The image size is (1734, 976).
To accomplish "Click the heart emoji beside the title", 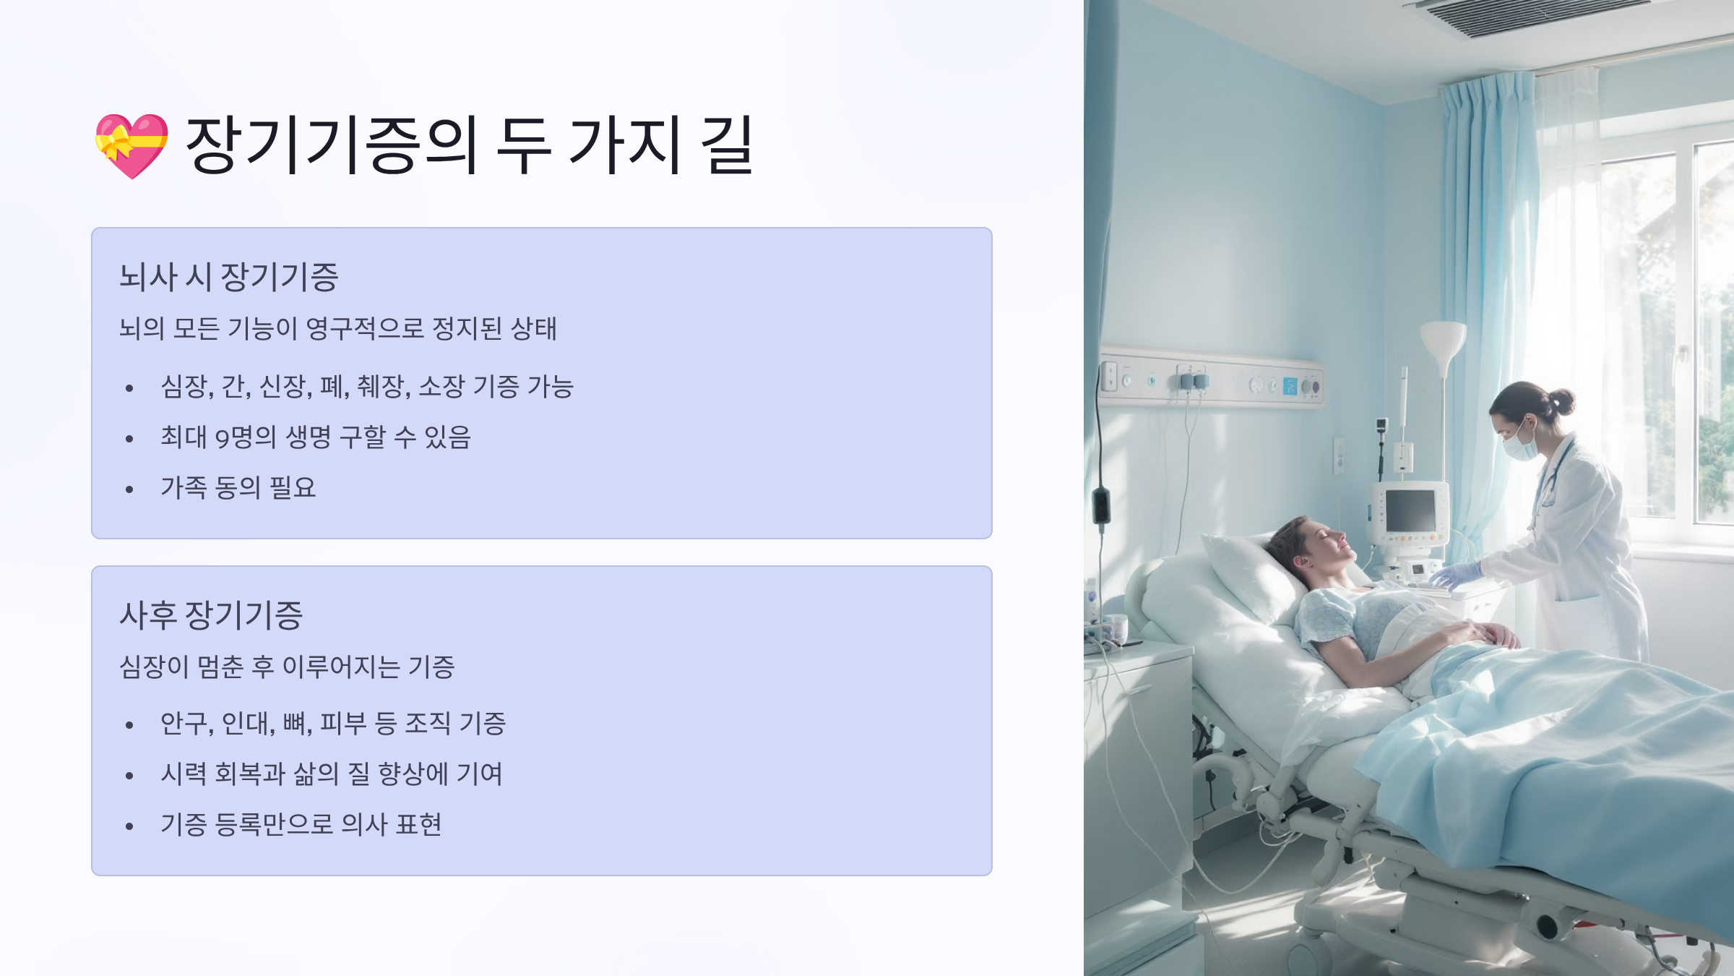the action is [131, 145].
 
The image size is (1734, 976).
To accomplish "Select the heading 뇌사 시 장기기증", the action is [228, 277].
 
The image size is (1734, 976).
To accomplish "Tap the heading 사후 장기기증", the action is [211, 615].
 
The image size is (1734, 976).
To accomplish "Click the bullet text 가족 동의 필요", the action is [238, 487].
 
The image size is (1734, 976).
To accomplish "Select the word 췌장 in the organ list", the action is [384, 386].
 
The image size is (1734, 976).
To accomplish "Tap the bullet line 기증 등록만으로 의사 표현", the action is [301, 824].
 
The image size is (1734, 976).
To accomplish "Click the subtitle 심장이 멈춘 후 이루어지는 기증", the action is [287, 667].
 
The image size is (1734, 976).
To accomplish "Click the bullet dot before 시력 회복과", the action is [129, 776].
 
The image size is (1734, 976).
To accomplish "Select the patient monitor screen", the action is [1410, 510].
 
